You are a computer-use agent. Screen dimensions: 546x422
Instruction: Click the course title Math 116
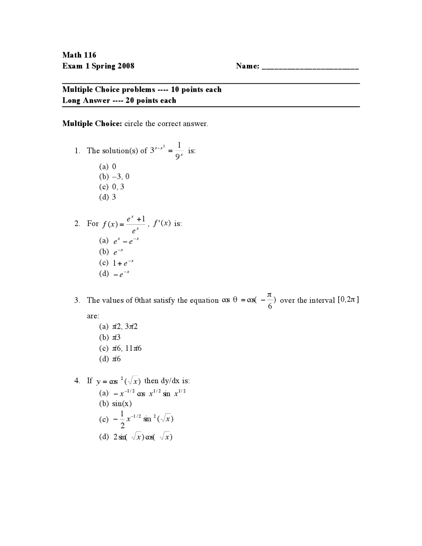tap(79, 55)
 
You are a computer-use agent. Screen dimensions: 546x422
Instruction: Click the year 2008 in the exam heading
tap(126, 66)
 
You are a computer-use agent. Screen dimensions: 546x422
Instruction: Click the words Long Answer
tap(86, 101)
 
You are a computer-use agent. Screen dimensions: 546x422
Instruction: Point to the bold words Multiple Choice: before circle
tap(92, 124)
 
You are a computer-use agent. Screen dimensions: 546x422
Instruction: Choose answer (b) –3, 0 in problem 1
tap(114, 176)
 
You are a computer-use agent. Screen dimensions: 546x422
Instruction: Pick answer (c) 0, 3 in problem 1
tap(112, 187)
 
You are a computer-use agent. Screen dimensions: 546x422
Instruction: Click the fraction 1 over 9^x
tap(179, 151)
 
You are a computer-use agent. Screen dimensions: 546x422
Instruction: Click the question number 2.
tap(77, 224)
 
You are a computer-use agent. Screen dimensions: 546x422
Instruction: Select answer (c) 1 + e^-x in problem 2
tap(116, 263)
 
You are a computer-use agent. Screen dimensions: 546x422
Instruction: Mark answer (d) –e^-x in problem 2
tap(114, 274)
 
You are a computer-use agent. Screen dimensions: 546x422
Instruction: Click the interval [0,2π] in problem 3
tap(348, 300)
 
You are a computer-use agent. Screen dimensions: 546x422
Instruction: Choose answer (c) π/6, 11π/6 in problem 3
tap(120, 348)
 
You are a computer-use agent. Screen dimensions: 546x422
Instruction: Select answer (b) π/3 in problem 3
tap(110, 337)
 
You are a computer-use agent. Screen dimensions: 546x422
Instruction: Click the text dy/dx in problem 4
tap(170, 381)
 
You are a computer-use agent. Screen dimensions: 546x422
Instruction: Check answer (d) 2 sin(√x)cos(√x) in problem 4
tap(136, 437)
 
